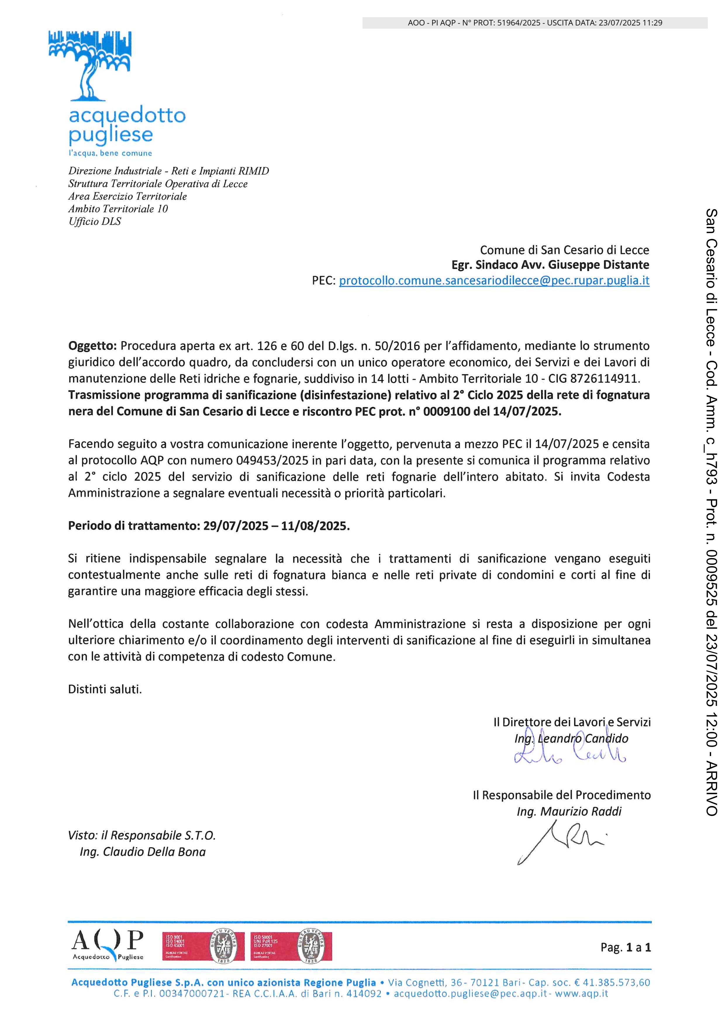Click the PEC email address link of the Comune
click(x=494, y=281)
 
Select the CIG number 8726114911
click(x=605, y=379)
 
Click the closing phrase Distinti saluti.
click(x=105, y=689)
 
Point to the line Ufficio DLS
click(x=95, y=221)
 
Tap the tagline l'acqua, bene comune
click(x=110, y=153)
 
